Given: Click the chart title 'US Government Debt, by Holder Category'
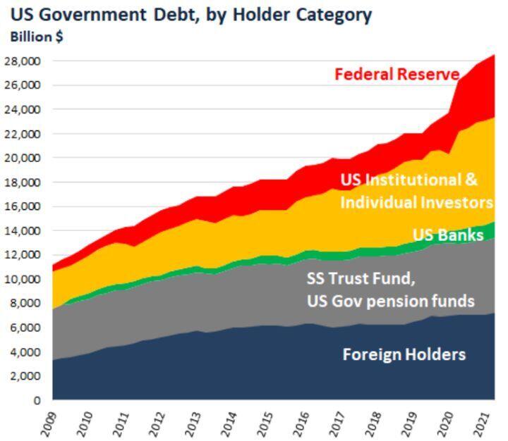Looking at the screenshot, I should point(191,14).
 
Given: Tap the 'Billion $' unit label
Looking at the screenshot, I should point(36,37).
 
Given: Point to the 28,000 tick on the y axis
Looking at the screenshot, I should point(23,61).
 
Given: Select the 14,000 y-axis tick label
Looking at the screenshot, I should point(23,230).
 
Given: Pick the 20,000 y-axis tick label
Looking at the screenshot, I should point(23,158).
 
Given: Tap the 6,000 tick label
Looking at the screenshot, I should point(26,328).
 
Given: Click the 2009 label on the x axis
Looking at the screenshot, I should point(48,423).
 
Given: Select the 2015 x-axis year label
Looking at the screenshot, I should point(264,423).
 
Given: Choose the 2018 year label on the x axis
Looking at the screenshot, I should point(373,423).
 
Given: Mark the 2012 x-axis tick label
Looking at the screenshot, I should point(156,423).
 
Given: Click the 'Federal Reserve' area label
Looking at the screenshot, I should point(397,74).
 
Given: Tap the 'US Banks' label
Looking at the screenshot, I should point(448,235).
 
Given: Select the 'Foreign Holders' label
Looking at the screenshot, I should point(404,354).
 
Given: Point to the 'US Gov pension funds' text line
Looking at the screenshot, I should point(390,301).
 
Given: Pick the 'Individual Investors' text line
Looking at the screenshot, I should point(416,202).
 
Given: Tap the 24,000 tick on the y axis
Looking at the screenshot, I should point(23,110).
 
